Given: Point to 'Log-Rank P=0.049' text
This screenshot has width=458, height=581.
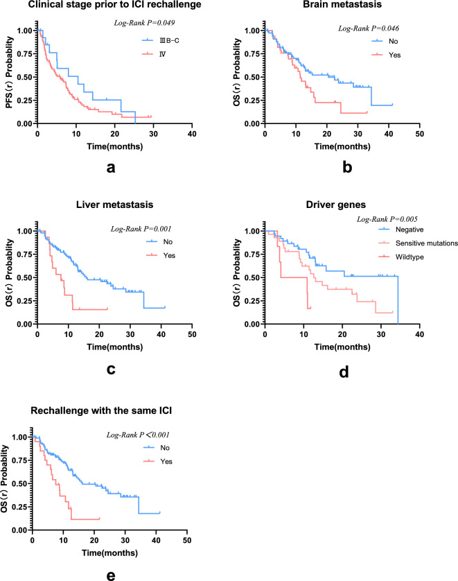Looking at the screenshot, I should pyautogui.click(x=141, y=24).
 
